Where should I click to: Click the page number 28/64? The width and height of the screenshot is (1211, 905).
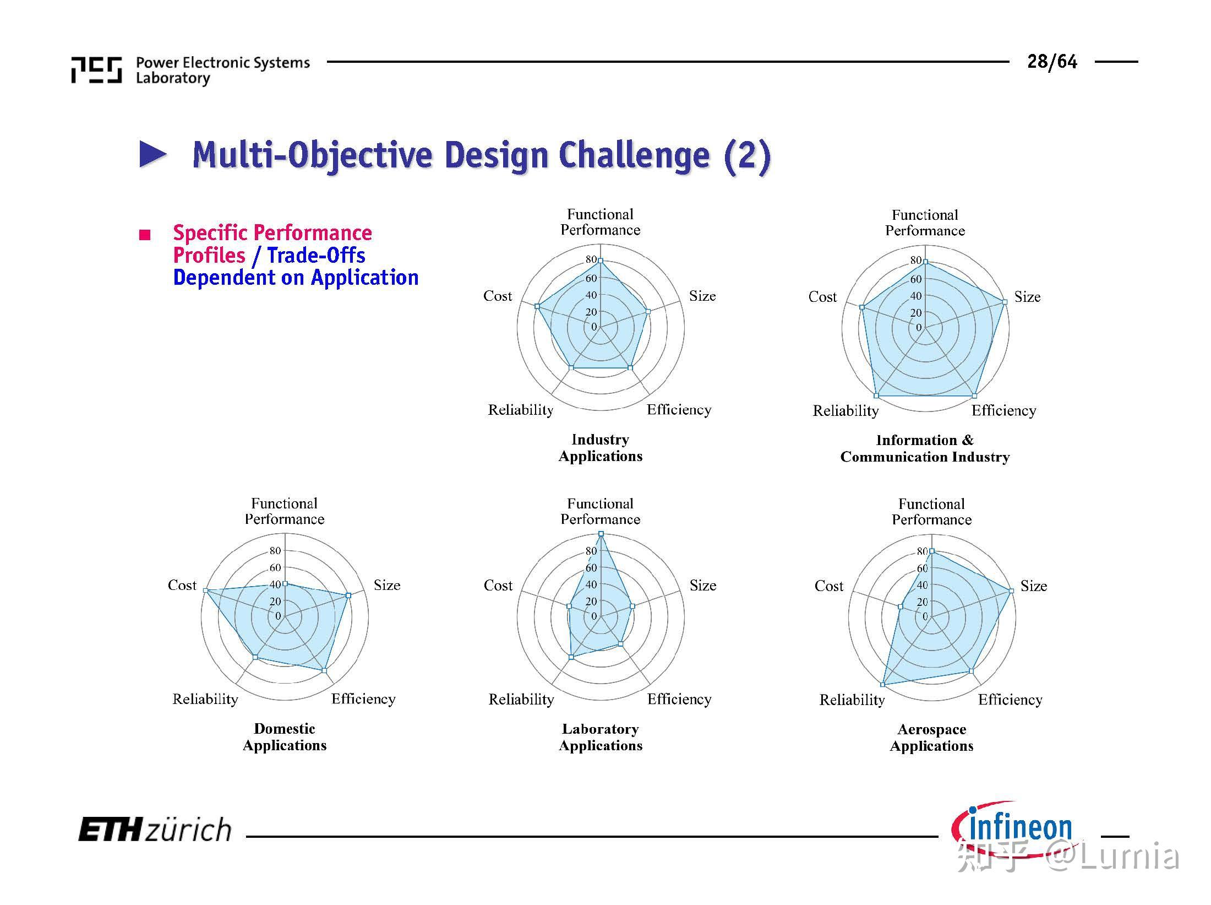1051,62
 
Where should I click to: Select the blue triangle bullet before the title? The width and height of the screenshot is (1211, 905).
152,155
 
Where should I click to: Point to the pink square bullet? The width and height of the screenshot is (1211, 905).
145,236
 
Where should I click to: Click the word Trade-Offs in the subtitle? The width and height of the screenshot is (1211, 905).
316,256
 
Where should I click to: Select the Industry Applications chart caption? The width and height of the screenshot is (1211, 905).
600,448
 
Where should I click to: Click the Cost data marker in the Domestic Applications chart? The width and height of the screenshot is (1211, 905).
205,590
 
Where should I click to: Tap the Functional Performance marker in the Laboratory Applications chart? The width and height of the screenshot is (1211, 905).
601,534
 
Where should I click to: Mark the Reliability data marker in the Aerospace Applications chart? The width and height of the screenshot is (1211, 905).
882,685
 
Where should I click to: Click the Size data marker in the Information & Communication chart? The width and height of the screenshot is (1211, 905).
1005,302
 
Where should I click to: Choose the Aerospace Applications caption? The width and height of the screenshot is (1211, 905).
931,738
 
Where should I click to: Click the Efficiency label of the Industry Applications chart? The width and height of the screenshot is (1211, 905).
679,410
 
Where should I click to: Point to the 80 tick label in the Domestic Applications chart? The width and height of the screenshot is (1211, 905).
275,550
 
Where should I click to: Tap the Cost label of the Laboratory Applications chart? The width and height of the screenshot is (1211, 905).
498,586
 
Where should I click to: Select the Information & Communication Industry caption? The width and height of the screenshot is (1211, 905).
925,448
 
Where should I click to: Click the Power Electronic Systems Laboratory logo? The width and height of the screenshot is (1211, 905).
97,70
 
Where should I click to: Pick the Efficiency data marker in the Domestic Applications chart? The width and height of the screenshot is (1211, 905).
324,670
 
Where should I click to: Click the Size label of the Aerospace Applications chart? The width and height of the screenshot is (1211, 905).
1033,586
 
